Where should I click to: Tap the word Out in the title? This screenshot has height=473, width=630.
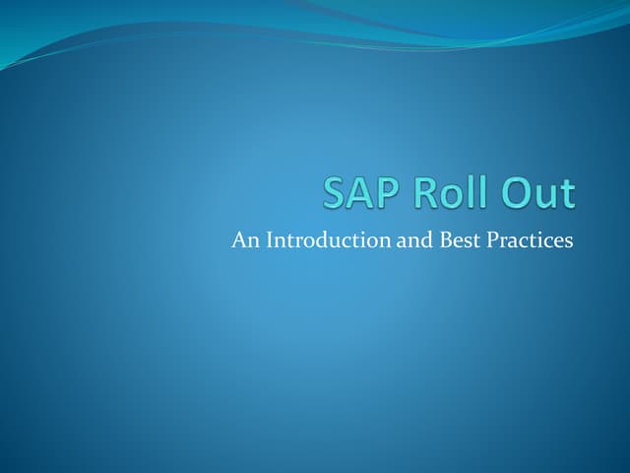536,193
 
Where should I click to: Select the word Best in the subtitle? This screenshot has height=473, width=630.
458,239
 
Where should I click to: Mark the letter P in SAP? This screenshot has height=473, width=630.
386,193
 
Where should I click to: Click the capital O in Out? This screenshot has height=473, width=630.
515,193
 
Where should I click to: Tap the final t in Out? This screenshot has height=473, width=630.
567,194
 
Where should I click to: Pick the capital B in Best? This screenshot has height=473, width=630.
443,239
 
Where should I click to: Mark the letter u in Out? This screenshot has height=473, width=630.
545,196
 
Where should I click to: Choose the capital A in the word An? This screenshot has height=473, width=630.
238,239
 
